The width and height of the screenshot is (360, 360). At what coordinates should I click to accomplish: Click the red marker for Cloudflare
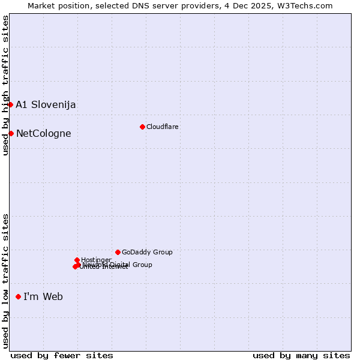pyautogui.click(x=142, y=127)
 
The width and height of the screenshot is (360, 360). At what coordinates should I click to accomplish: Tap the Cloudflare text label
pyautogui.click(x=163, y=127)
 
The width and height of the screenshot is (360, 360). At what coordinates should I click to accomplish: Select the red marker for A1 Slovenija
pyautogui.click(x=10, y=104)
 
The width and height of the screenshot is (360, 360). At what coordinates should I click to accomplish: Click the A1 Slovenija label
pyautogui.click(x=46, y=105)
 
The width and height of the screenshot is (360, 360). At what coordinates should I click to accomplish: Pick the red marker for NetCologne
pyautogui.click(x=11, y=133)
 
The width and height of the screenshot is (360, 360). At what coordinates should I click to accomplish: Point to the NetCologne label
pyautogui.click(x=43, y=134)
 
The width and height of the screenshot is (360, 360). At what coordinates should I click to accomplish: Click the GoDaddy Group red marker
pyautogui.click(x=118, y=252)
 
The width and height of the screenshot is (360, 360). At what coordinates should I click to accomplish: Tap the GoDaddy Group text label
pyautogui.click(x=147, y=253)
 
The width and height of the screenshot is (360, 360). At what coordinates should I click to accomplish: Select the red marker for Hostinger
pyautogui.click(x=77, y=260)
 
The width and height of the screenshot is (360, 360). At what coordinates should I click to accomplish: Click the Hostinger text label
pyautogui.click(x=96, y=260)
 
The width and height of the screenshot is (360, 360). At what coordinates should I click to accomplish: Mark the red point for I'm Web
pyautogui.click(x=18, y=296)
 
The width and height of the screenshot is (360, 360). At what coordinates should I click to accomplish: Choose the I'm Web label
pyautogui.click(x=43, y=297)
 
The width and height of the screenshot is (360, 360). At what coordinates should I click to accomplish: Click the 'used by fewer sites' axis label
pyautogui.click(x=62, y=355)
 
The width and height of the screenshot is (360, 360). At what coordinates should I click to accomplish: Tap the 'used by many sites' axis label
pyautogui.click(x=301, y=355)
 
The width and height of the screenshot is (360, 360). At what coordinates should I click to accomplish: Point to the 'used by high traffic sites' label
pyautogui.click(x=5, y=85)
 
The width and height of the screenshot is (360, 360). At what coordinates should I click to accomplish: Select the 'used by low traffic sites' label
pyautogui.click(x=5, y=280)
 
